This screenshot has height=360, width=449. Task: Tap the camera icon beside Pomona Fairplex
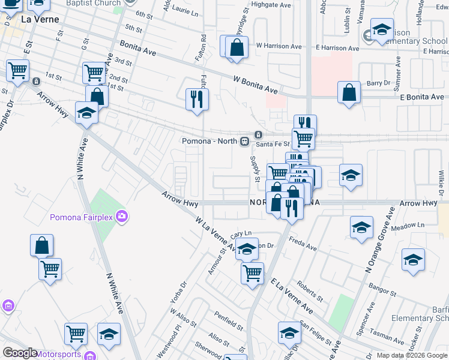coord(122,216)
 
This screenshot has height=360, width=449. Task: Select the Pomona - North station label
coord(210,142)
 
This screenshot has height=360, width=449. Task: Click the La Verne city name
coord(40,19)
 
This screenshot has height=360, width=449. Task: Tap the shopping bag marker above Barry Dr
coord(349,92)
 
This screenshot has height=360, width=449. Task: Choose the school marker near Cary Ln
coord(246,248)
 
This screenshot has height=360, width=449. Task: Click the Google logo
coord(20,353)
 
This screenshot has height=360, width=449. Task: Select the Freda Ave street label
coord(302,246)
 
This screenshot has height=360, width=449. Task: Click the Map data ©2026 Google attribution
coord(412,355)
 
